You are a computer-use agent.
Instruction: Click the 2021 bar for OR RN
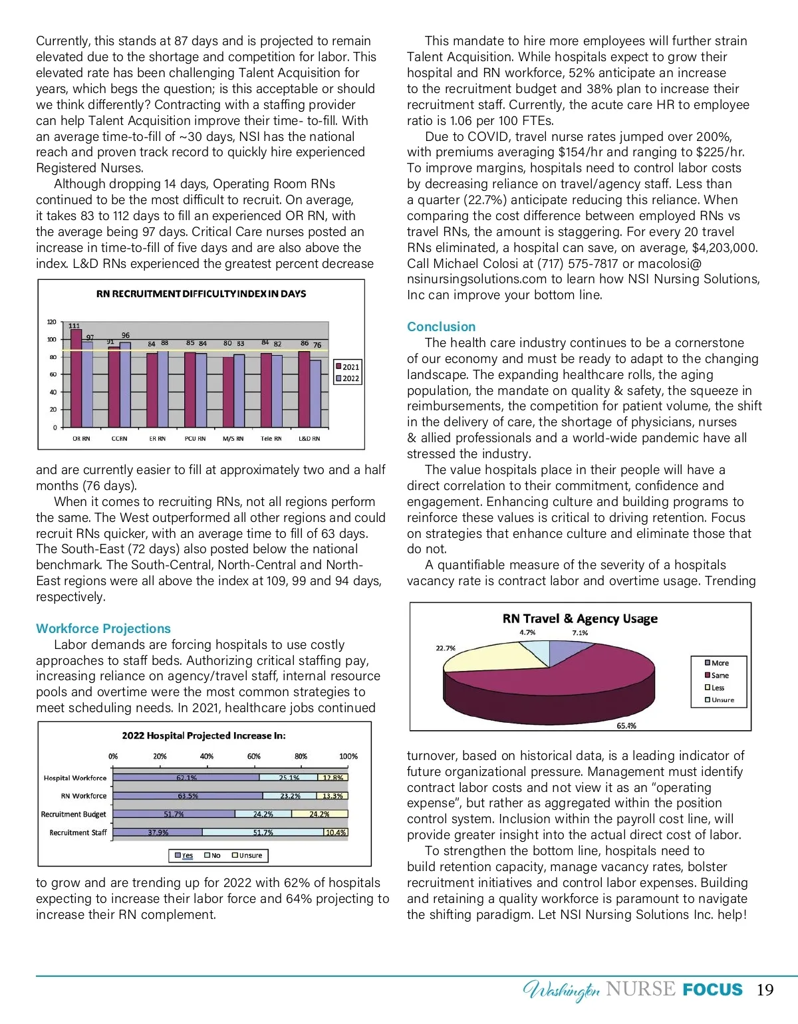76,379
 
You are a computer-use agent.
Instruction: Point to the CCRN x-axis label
119,439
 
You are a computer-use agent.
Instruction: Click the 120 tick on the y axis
52,322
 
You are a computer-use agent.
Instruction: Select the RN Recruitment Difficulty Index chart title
201,293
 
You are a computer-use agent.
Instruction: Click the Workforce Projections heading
103,628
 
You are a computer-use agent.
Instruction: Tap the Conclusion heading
441,326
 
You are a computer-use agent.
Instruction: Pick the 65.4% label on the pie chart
626,725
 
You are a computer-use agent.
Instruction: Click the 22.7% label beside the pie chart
446,648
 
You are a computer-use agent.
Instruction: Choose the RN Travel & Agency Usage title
580,618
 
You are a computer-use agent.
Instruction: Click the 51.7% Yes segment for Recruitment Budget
174,814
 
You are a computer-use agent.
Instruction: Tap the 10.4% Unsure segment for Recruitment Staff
336,832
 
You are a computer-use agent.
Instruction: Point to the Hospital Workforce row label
75,778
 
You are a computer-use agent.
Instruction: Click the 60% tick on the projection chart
254,756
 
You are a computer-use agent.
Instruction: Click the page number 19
765,989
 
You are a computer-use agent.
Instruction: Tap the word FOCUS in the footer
712,989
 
